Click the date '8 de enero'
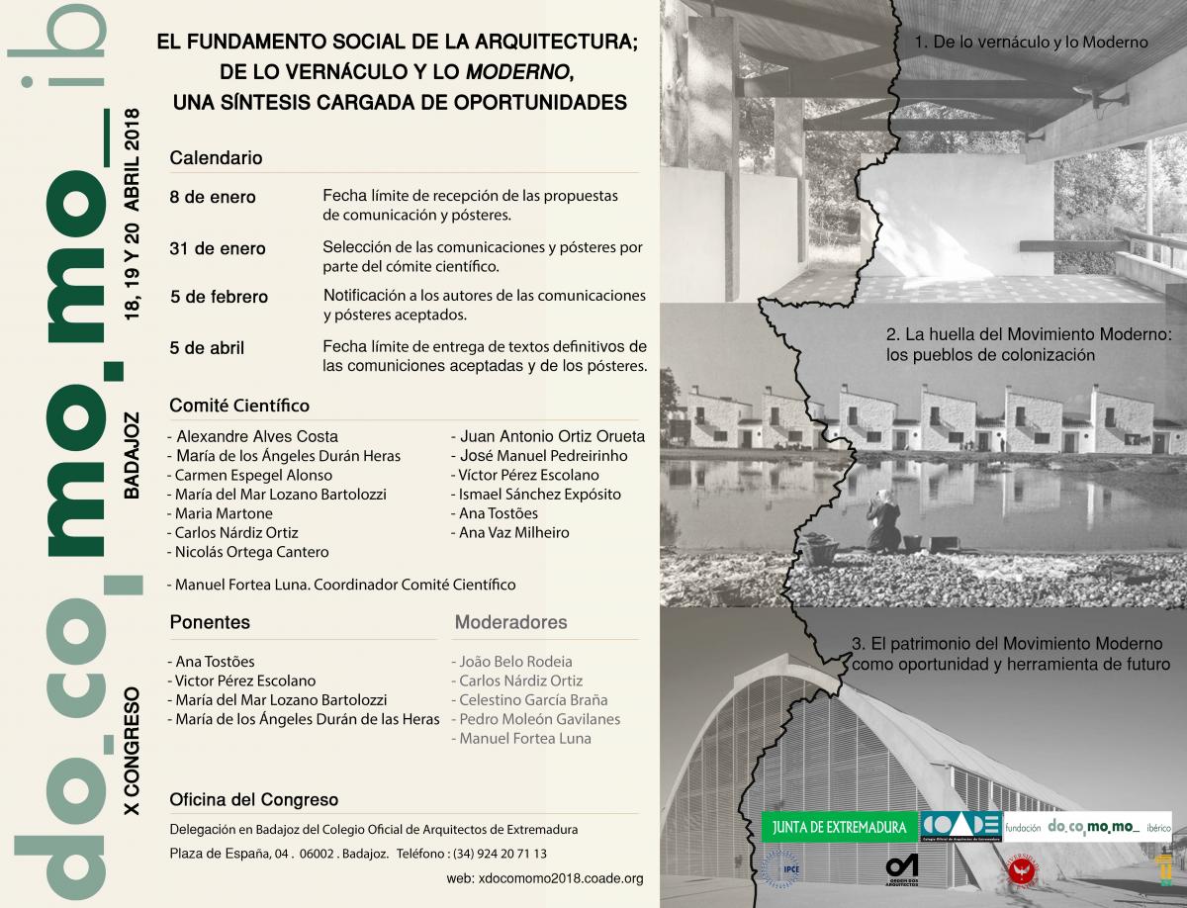[x=213, y=197]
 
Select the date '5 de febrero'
[x=219, y=297]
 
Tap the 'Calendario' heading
[x=216, y=157]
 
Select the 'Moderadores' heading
[x=510, y=622]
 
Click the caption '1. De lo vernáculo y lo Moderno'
[x=1031, y=43]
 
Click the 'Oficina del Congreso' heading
[x=254, y=799]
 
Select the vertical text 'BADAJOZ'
[x=135, y=457]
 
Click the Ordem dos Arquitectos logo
[x=901, y=867]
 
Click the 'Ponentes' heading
[x=210, y=622]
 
